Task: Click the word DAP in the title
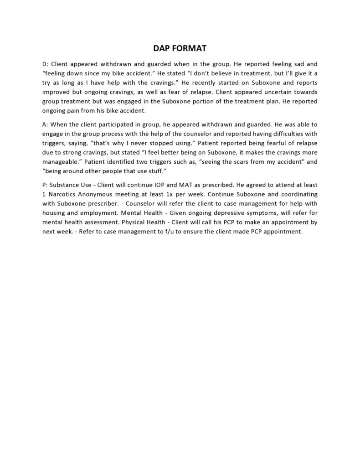pos(161,48)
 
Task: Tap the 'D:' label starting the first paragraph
pos(45,64)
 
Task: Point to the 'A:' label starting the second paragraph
pos(45,124)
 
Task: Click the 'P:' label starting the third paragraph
pos(45,185)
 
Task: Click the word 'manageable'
pos(60,161)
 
